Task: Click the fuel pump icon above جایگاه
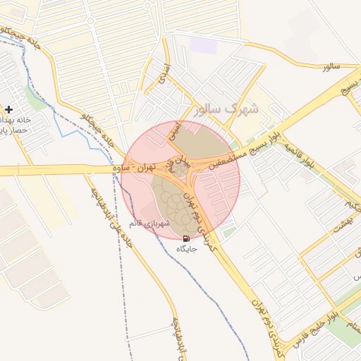point(186,239)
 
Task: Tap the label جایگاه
point(186,250)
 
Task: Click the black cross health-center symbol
point(8,109)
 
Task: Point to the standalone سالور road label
point(331,66)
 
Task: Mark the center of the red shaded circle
point(180,180)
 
